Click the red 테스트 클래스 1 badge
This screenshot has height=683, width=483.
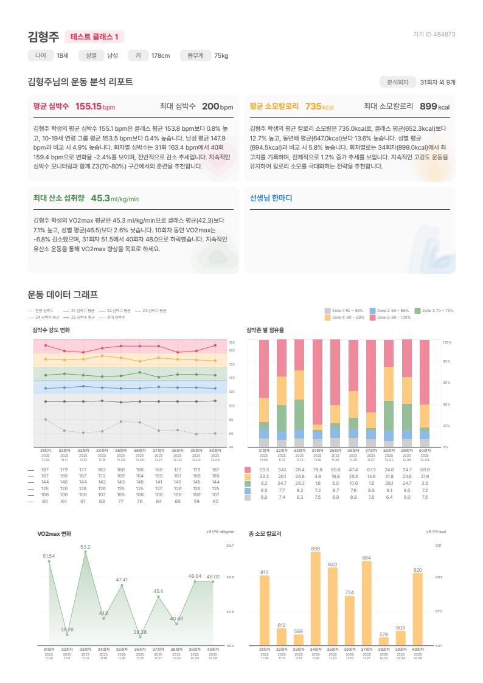coord(94,37)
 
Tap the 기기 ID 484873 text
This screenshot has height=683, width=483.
coord(434,35)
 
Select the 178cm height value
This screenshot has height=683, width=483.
coord(161,56)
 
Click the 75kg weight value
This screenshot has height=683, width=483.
coord(221,56)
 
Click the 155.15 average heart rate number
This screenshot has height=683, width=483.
coord(88,106)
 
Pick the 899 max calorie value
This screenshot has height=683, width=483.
coord(428,106)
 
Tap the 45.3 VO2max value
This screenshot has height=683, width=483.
coord(100,198)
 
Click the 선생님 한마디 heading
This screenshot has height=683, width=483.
coord(271,198)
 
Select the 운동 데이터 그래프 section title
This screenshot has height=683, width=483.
coord(63,294)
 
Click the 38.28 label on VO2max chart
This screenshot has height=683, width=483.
coord(140,633)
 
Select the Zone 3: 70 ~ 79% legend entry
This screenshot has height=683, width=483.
coord(434,310)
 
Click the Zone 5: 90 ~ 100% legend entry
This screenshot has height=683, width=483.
coord(392,317)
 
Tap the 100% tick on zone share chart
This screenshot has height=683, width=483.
coord(447,342)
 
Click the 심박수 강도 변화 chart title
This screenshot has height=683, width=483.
coord(51,330)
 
